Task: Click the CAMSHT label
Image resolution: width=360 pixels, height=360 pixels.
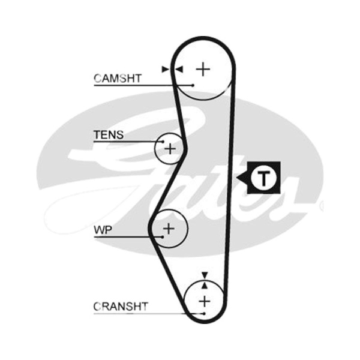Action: click(x=118, y=78)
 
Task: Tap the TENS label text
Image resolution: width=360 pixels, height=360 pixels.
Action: click(x=109, y=135)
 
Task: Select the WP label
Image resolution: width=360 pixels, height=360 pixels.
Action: click(x=103, y=230)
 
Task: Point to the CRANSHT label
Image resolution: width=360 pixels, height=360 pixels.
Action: click(x=121, y=307)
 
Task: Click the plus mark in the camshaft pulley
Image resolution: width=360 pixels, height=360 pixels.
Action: click(x=203, y=69)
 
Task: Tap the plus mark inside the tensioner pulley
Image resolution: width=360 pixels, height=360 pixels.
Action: click(x=170, y=149)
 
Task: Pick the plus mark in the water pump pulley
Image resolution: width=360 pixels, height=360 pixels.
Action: click(x=169, y=229)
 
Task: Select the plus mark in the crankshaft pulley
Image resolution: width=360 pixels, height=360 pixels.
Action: click(x=205, y=301)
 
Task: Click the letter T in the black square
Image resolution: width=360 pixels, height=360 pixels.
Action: click(x=263, y=178)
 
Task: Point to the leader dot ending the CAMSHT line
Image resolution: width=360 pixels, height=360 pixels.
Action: click(x=193, y=85)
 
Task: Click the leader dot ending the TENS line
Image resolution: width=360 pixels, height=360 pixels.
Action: click(x=163, y=142)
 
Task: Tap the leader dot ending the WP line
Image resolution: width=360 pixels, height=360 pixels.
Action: click(x=163, y=237)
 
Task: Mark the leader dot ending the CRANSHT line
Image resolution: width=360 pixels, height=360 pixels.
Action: click(x=204, y=313)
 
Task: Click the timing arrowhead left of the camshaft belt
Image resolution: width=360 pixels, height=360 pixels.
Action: click(x=165, y=69)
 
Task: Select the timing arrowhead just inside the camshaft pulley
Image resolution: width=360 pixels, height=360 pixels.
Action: click(x=179, y=69)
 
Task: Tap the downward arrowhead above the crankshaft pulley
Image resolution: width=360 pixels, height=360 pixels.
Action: click(x=205, y=275)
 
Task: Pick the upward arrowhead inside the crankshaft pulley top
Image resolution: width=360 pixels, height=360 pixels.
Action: click(x=205, y=286)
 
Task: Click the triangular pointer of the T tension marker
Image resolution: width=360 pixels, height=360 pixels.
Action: click(x=242, y=178)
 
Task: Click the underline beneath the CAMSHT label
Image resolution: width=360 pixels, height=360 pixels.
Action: click(x=143, y=85)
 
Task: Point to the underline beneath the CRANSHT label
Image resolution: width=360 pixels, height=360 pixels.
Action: click(x=149, y=313)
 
